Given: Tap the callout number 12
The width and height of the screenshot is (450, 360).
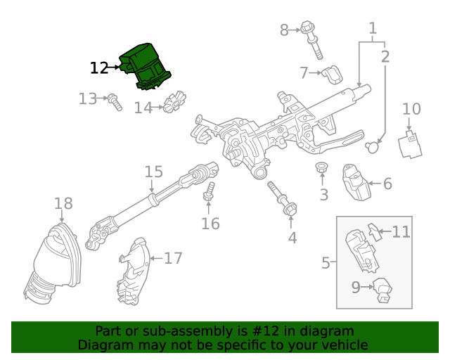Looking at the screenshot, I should click(x=99, y=68).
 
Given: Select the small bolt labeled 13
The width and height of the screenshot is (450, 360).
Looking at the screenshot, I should click(x=115, y=103).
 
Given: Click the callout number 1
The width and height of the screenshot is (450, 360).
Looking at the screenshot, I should click(x=373, y=29).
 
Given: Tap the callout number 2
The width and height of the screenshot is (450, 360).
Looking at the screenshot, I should click(x=385, y=56).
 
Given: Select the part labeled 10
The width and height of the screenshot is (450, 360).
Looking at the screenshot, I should click(x=409, y=143).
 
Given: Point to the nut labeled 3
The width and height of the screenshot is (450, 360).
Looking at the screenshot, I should click(x=323, y=169).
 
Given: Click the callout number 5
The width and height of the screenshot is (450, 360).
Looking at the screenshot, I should click(x=326, y=263).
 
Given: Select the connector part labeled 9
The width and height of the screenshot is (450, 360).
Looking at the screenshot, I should click(x=382, y=289).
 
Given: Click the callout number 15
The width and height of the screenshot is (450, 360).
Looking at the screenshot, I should click(x=154, y=172).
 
